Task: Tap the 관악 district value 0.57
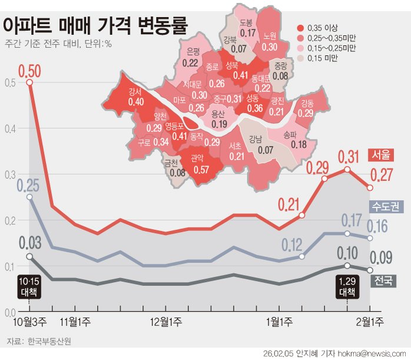(202, 169)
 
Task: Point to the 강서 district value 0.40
(136, 102)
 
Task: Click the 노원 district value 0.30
(270, 47)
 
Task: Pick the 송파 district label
(290, 134)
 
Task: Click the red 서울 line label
(379, 154)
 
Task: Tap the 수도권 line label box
(385, 206)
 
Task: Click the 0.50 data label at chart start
(29, 71)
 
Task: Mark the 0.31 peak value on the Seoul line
(348, 157)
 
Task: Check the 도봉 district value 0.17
(247, 33)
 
